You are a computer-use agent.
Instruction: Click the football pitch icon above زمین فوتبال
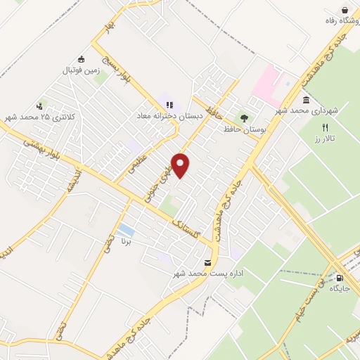tap(82, 59)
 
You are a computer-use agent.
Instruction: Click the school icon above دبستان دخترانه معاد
tap(169, 105)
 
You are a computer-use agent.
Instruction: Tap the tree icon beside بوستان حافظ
tap(244, 118)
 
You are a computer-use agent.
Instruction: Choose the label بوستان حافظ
tap(238, 129)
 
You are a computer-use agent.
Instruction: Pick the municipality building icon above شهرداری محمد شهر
tap(306, 100)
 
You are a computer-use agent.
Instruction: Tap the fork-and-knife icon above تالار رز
tap(325, 128)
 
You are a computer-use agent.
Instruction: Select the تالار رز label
tap(325, 139)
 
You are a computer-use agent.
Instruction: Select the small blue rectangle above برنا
tap(126, 230)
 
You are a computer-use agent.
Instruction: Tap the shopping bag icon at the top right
tap(345, 10)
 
